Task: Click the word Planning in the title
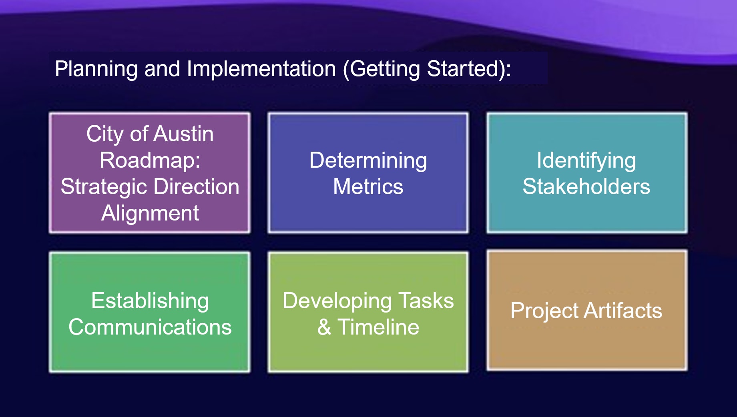[x=96, y=69]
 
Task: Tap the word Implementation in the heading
[x=261, y=69]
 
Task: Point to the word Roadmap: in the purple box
[x=150, y=160]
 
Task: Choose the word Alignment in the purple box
[x=150, y=213]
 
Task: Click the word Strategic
[x=104, y=187]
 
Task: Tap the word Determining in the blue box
[x=368, y=160]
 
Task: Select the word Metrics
[x=368, y=186]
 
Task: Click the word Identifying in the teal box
[x=586, y=160]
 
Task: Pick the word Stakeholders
[x=586, y=186]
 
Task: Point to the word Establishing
[x=150, y=301]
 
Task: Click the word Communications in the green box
[x=150, y=327]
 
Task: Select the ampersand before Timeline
[x=324, y=327]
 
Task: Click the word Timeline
[x=378, y=327]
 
